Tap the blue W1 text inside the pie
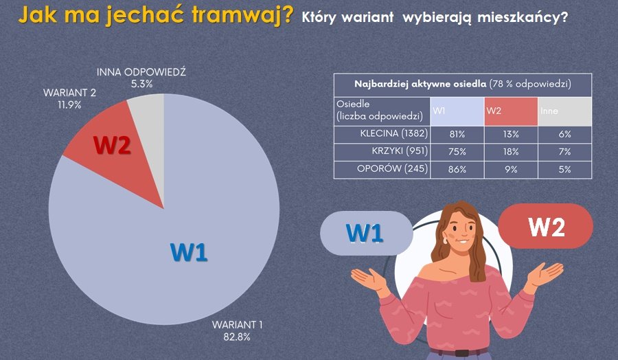(x=188, y=253)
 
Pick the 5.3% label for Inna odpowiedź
(x=141, y=84)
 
